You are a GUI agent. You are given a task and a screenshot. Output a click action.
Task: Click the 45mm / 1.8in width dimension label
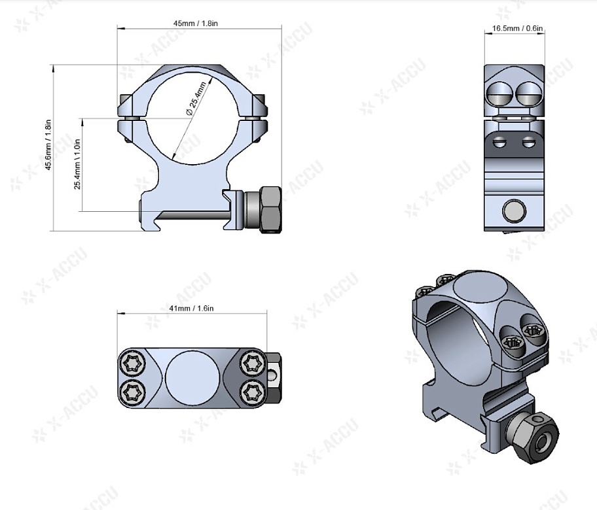tap(196, 23)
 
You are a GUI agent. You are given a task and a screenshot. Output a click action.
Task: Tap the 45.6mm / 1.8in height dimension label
tap(48, 145)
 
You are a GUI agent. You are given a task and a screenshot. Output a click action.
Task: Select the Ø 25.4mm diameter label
tap(196, 99)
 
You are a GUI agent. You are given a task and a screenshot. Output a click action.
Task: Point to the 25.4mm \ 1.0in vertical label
tap(77, 164)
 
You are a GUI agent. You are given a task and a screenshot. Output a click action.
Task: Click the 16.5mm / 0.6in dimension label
tap(517, 28)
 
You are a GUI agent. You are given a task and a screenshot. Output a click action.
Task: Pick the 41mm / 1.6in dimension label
tap(191, 308)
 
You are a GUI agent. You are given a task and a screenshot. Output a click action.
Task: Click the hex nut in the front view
tap(270, 209)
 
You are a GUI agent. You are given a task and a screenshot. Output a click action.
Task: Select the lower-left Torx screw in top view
tap(132, 392)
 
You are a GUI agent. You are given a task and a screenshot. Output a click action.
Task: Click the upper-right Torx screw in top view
tap(252, 363)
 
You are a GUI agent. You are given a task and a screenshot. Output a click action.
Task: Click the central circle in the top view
tap(192, 377)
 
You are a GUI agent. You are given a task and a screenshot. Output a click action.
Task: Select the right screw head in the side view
tap(526, 93)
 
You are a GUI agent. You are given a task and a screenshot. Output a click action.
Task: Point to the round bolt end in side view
tap(514, 211)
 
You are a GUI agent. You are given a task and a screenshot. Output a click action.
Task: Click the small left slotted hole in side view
tap(499, 143)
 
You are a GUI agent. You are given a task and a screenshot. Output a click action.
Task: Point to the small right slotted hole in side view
tap(528, 143)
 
